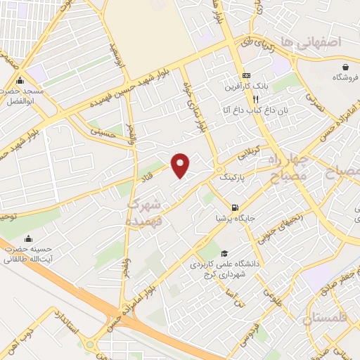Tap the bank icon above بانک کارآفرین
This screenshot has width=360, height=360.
[x=245, y=76]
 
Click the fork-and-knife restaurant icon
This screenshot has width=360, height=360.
[x=245, y=101]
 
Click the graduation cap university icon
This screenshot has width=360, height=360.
[x=224, y=254]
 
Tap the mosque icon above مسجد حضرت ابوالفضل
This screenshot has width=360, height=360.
[x=22, y=79]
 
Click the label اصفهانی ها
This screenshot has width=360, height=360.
[x=309, y=42]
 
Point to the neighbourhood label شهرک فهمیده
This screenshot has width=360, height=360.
[x=145, y=211]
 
